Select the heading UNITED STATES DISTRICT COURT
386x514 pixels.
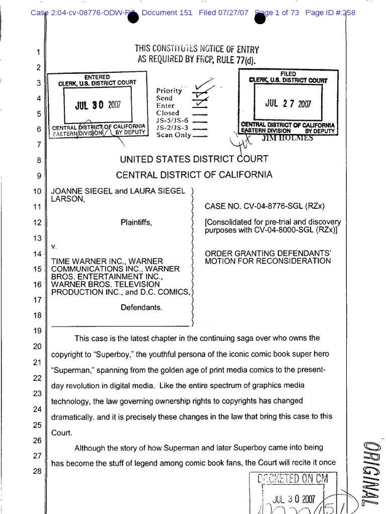click(194, 159)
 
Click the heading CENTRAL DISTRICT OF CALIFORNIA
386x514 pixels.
click(194, 175)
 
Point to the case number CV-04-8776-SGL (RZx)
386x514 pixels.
click(265, 206)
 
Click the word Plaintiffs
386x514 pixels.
click(136, 222)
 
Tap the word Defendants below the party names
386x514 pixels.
click(141, 307)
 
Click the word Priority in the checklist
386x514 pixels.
click(169, 91)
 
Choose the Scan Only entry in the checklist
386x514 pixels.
click(173, 135)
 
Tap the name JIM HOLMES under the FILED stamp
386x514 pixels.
click(290, 138)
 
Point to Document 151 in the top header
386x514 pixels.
click(167, 13)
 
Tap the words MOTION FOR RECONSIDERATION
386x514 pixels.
click(268, 261)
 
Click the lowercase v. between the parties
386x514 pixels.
click(54, 246)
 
